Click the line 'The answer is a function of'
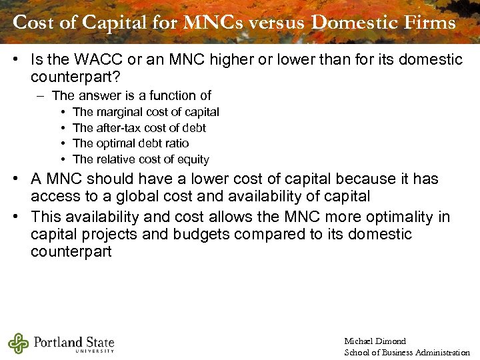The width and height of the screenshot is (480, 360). click(131, 96)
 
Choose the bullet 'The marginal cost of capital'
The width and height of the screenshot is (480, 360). click(145, 112)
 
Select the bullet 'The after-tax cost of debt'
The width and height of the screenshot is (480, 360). click(139, 128)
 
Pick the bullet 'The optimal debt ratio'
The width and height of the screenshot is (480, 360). click(131, 143)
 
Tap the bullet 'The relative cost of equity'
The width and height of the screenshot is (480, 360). click(141, 159)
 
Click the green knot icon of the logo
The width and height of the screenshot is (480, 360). click(18, 343)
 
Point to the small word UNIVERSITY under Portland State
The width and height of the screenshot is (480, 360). click(95, 351)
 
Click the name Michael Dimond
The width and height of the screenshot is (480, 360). click(375, 341)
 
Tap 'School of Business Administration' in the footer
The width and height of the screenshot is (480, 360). click(407, 353)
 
